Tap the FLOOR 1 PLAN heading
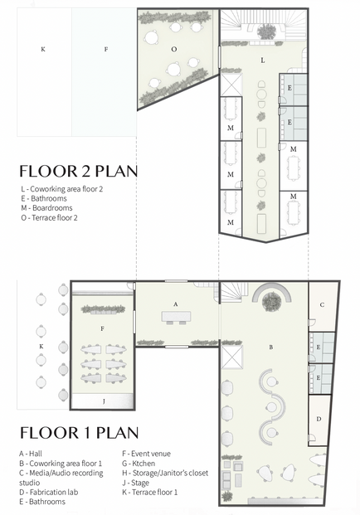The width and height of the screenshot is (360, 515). click(x=78, y=433)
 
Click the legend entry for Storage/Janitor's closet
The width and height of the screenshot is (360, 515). click(x=165, y=474)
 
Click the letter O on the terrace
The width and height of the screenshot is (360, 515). click(x=174, y=49)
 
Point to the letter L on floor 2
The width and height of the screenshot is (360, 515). click(x=262, y=61)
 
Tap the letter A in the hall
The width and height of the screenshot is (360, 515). click(x=176, y=304)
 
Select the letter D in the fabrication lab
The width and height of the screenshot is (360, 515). click(x=319, y=420)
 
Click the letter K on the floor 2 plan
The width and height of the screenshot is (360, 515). click(x=43, y=49)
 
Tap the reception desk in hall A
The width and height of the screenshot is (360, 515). click(x=176, y=316)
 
